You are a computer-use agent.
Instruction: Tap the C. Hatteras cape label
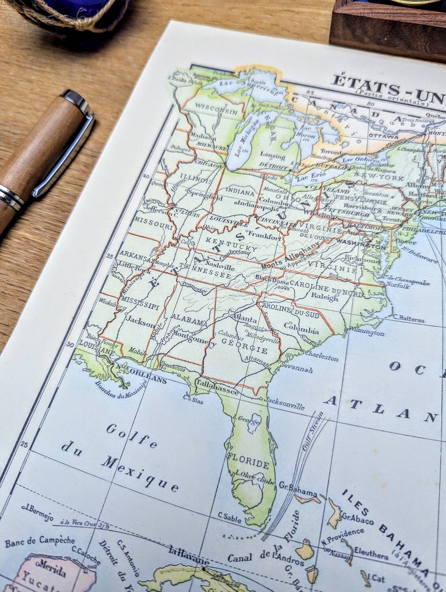pyautogui.click(x=408, y=319)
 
